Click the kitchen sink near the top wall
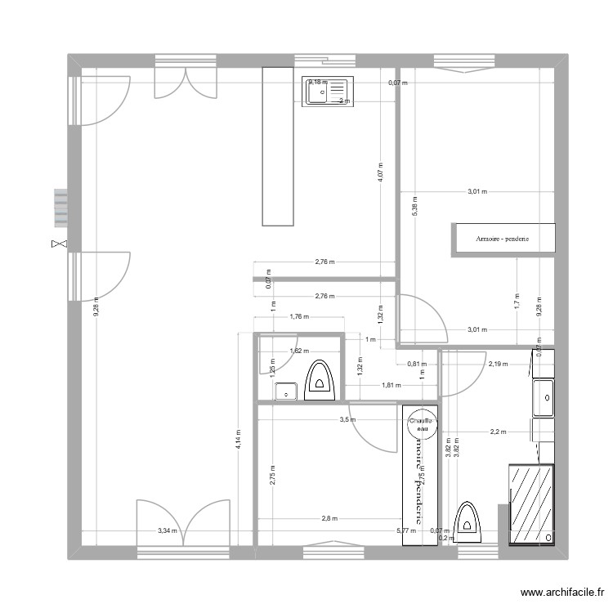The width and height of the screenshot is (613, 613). [326, 91]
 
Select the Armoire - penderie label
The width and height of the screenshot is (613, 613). [503, 239]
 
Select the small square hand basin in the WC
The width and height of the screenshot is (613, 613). [286, 391]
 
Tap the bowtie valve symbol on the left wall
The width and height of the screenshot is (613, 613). [58, 244]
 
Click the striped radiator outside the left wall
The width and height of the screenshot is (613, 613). [60, 208]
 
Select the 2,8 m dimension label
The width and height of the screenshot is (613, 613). [329, 518]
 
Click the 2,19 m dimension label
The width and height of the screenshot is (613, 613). [498, 364]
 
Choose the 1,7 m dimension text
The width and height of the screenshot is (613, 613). [517, 299]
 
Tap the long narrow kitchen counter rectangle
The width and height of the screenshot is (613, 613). [278, 145]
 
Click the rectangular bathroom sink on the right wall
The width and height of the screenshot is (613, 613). [544, 400]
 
